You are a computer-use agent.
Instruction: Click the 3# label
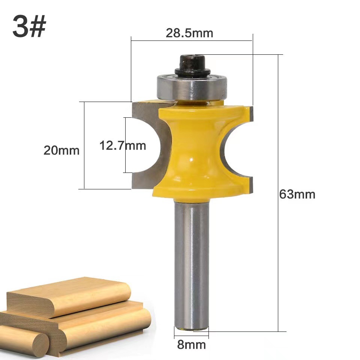pyautogui.click(x=29, y=27)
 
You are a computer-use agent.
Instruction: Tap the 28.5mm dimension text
pyautogui.click(x=189, y=33)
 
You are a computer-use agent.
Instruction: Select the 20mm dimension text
pyautogui.click(x=61, y=150)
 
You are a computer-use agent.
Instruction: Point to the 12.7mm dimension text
pyautogui.click(x=123, y=145)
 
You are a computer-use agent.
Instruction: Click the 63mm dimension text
pyautogui.click(x=297, y=194)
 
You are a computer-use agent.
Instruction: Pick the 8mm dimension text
pyautogui.click(x=191, y=344)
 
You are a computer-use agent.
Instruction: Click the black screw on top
pyautogui.click(x=192, y=66)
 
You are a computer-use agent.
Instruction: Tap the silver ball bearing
pyautogui.click(x=192, y=87)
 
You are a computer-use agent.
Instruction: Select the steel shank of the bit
pyautogui.click(x=192, y=262)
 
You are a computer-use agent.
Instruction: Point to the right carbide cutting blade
pyautogui.click(x=240, y=146)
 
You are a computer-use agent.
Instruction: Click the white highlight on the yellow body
pyautogui.click(x=192, y=159)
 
